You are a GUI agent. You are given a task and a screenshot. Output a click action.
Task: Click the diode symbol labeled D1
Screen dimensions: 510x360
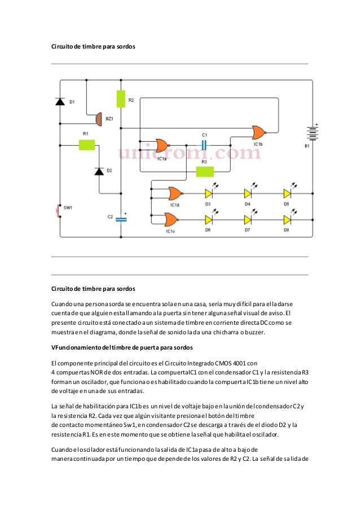[60, 101]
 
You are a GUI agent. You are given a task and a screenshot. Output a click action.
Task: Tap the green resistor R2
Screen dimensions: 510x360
[120, 98]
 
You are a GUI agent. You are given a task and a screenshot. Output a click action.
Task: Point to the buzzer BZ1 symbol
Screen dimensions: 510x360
[98, 119]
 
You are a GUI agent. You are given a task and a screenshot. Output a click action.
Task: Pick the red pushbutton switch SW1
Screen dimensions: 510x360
[58, 211]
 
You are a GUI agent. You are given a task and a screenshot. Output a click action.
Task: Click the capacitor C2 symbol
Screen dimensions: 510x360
[120, 219]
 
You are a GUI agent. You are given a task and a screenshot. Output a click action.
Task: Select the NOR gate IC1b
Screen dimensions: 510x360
[259, 132]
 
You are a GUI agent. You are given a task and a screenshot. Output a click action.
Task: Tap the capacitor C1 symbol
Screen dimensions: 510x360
[204, 145]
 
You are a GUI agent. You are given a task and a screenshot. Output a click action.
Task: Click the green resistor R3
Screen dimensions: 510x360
[204, 172]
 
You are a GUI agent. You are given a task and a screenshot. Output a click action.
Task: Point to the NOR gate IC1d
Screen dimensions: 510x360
[173, 193]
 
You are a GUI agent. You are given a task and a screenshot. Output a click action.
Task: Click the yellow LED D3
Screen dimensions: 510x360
[209, 193]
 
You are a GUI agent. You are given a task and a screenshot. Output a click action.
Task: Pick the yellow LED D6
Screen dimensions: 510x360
[209, 219]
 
